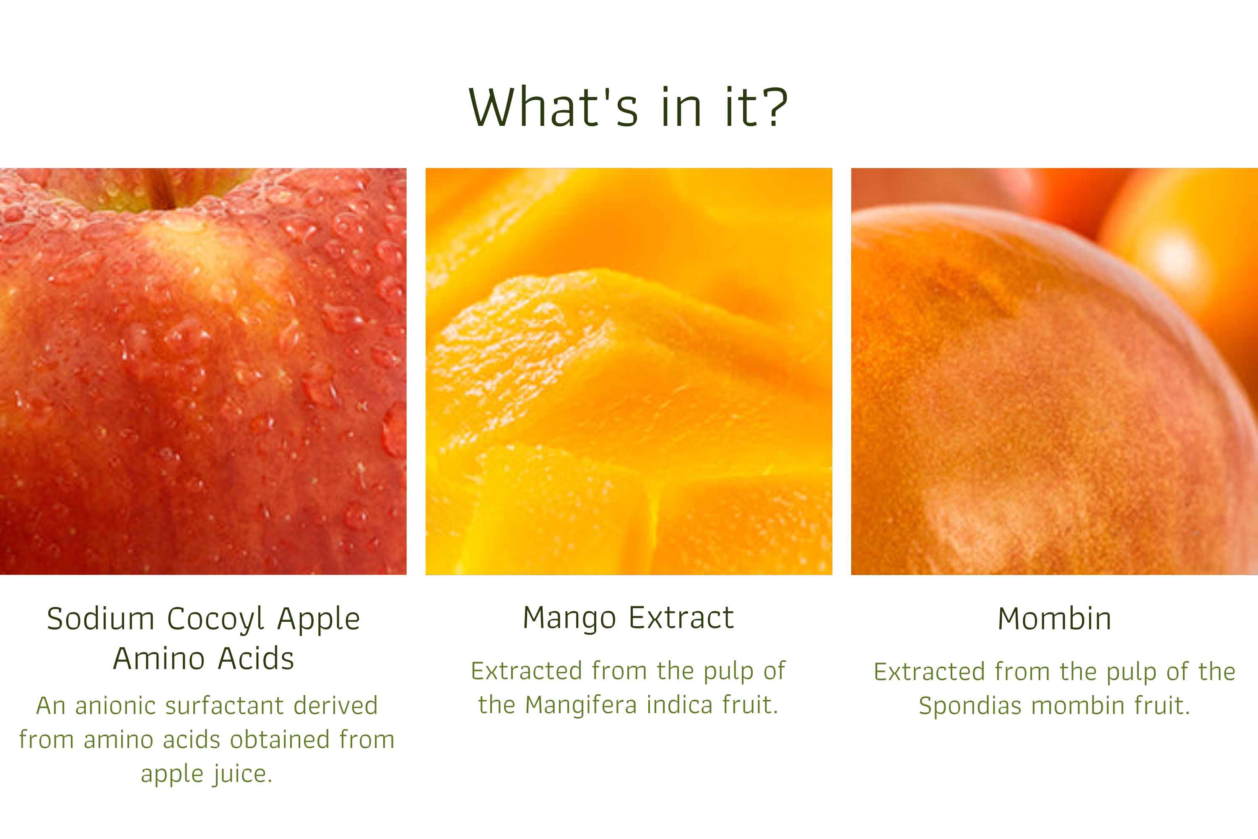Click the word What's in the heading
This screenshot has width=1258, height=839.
pyautogui.click(x=554, y=107)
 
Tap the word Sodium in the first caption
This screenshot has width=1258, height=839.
pyautogui.click(x=101, y=619)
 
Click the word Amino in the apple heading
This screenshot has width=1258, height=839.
pyautogui.click(x=159, y=659)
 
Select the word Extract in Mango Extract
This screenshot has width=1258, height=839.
pyautogui.click(x=681, y=618)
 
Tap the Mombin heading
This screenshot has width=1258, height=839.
pyautogui.click(x=1055, y=619)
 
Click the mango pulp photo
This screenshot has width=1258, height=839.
pyautogui.click(x=629, y=371)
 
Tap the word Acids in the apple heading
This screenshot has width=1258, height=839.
pyautogui.click(x=256, y=659)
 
